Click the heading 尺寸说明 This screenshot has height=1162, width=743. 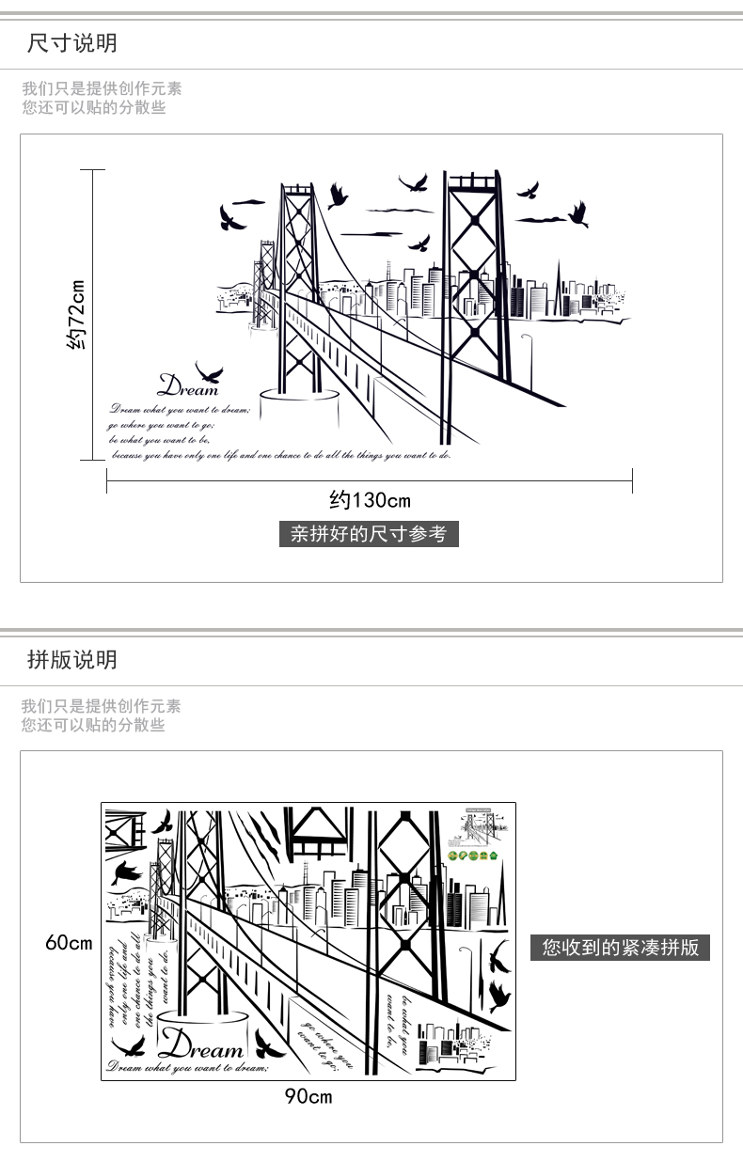72,43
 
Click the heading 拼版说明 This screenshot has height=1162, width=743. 72,660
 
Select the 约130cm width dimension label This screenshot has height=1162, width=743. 370,499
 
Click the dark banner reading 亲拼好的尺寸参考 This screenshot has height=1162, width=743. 369,535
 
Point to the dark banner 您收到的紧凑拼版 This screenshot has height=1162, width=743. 620,948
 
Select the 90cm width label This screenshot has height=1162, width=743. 308,1096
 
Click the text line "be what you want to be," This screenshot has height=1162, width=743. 159,439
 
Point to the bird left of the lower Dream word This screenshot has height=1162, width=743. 129,1046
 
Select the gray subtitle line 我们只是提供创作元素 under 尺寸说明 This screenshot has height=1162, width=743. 102,89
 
